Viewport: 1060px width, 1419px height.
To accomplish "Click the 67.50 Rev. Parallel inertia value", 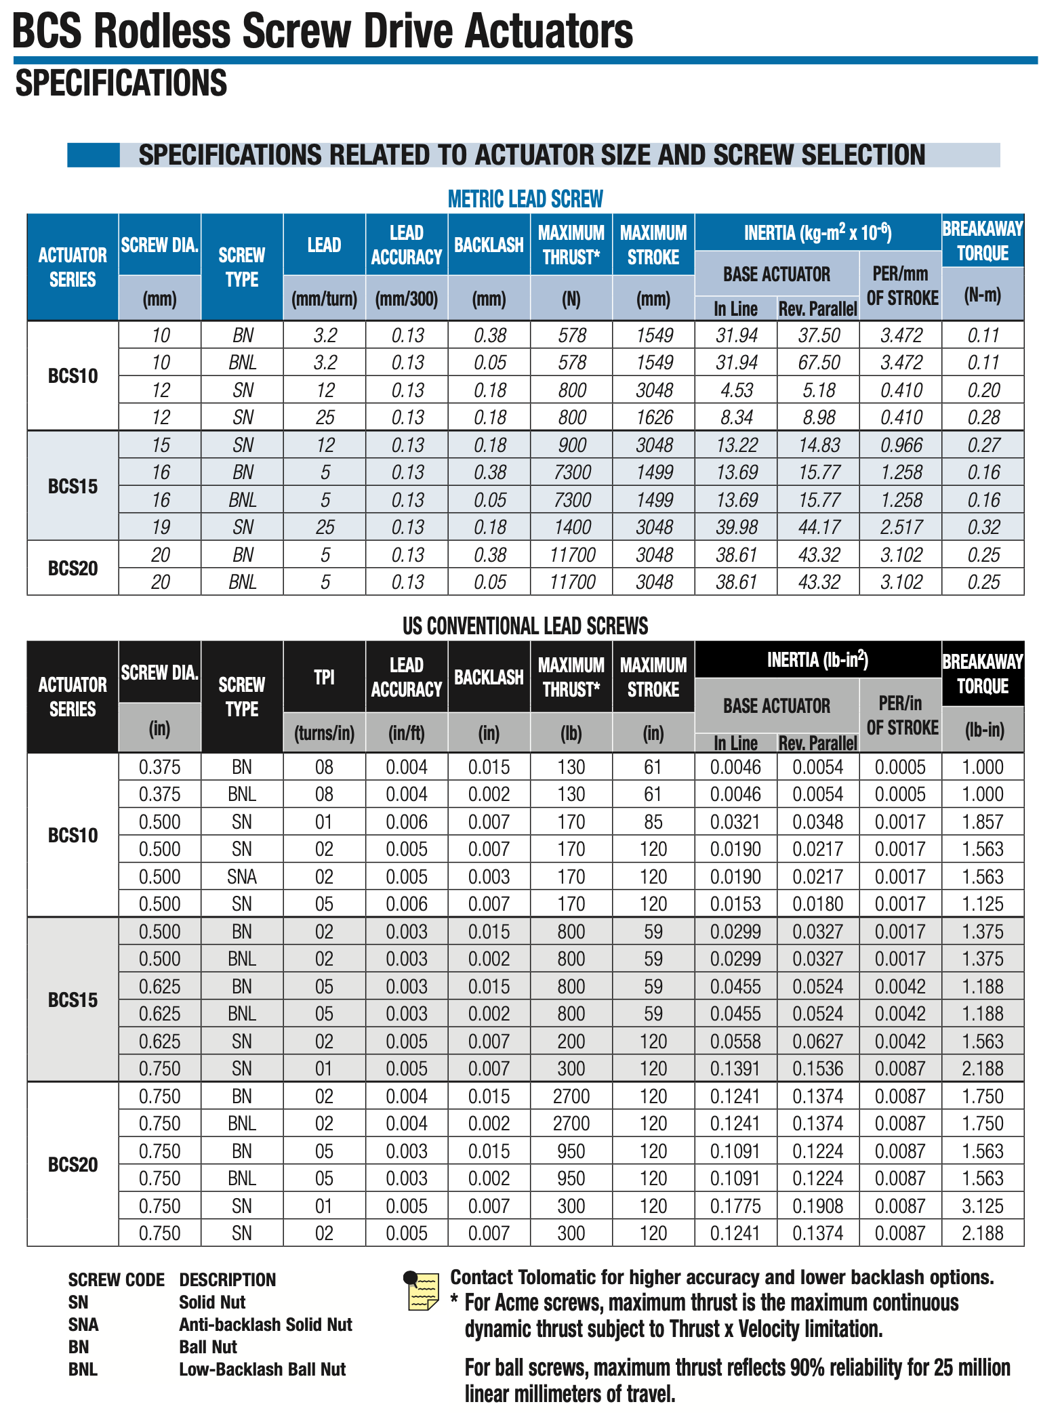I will pos(818,363).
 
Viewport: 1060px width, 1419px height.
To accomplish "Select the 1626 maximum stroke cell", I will pos(653,417).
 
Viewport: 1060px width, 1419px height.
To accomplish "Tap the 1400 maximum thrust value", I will pos(571,527).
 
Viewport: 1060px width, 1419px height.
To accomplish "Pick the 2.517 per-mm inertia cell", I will pos(901,527).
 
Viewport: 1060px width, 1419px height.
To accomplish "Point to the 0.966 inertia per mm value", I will pos(901,445).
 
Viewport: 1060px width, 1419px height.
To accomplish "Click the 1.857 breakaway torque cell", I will pos(982,822).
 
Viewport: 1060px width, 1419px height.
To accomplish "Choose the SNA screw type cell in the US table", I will pos(242,877).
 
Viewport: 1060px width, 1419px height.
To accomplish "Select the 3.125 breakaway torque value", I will pos(982,1206).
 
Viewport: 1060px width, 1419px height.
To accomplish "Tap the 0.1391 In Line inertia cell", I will pos(735,1069).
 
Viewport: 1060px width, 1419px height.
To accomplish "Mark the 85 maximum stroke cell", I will pos(653,822).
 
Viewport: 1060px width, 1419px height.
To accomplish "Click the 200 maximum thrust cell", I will pos(571,1042).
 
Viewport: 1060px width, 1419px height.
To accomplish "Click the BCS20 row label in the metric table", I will pos(73,568).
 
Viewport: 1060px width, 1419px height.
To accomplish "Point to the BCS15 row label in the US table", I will pos(73,1000).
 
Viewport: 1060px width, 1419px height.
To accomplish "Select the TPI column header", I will pos(324,677).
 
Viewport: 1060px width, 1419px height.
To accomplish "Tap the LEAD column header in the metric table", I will pos(324,245).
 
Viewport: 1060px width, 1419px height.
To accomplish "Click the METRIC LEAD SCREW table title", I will pos(525,199).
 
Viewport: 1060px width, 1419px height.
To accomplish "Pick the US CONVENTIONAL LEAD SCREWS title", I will pos(525,625).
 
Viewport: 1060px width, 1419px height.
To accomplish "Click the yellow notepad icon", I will pos(422,1290).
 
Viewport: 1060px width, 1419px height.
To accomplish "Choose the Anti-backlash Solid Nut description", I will pos(265,1325).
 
